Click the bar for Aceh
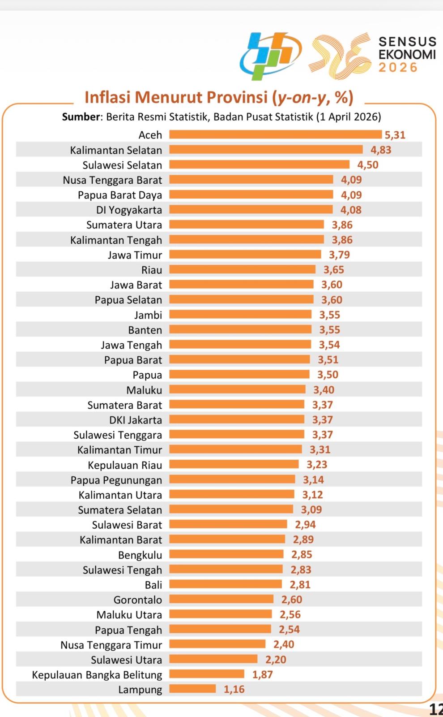pyautogui.click(x=275, y=134)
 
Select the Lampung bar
pyautogui.click(x=192, y=689)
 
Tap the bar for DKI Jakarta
pyautogui.click(x=237, y=419)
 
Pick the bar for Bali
pyautogui.click(x=226, y=584)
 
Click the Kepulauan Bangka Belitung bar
pyautogui.click(x=207, y=674)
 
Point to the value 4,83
pyautogui.click(x=380, y=150)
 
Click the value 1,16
pyautogui.click(x=234, y=689)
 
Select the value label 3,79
pyautogui.click(x=339, y=255)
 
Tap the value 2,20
pyautogui.click(x=276, y=659)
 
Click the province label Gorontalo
pyautogui.click(x=138, y=600)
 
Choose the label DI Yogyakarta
pyautogui.click(x=129, y=210)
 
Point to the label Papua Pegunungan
pyautogui.click(x=116, y=480)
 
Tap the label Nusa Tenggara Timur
pyautogui.click(x=111, y=644)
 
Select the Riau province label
pyautogui.click(x=152, y=270)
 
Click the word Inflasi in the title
pyautogui.click(x=107, y=97)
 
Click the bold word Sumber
pyautogui.click(x=81, y=117)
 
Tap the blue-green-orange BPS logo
pyautogui.click(x=270, y=55)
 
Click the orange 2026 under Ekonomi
pyautogui.click(x=398, y=68)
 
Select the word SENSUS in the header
pyautogui.click(x=407, y=42)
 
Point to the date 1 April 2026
pyautogui.click(x=348, y=117)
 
